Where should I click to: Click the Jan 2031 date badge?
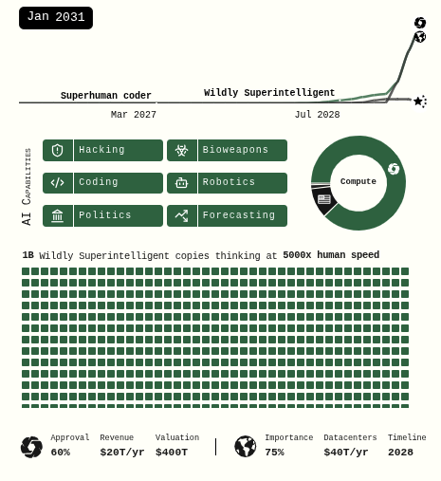click(56, 18)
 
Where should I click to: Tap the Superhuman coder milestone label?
click(106, 96)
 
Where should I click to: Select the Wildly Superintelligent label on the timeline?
click(269, 93)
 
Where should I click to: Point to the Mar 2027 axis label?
click(134, 115)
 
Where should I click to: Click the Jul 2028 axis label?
click(318, 115)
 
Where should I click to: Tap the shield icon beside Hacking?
click(58, 150)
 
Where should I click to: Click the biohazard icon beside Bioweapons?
click(182, 150)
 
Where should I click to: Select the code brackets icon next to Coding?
click(58, 183)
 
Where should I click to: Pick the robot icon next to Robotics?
click(182, 182)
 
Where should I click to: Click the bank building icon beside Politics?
click(58, 215)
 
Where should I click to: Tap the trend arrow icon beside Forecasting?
click(182, 215)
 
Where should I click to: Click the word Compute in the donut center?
click(358, 181)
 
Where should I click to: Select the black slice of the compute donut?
click(323, 200)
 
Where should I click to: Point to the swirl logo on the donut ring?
click(394, 169)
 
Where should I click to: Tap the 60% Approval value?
click(61, 453)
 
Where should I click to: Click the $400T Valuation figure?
click(172, 453)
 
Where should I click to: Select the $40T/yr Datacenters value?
click(346, 453)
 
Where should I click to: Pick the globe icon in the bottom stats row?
click(246, 447)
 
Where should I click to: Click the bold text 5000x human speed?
click(331, 255)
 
